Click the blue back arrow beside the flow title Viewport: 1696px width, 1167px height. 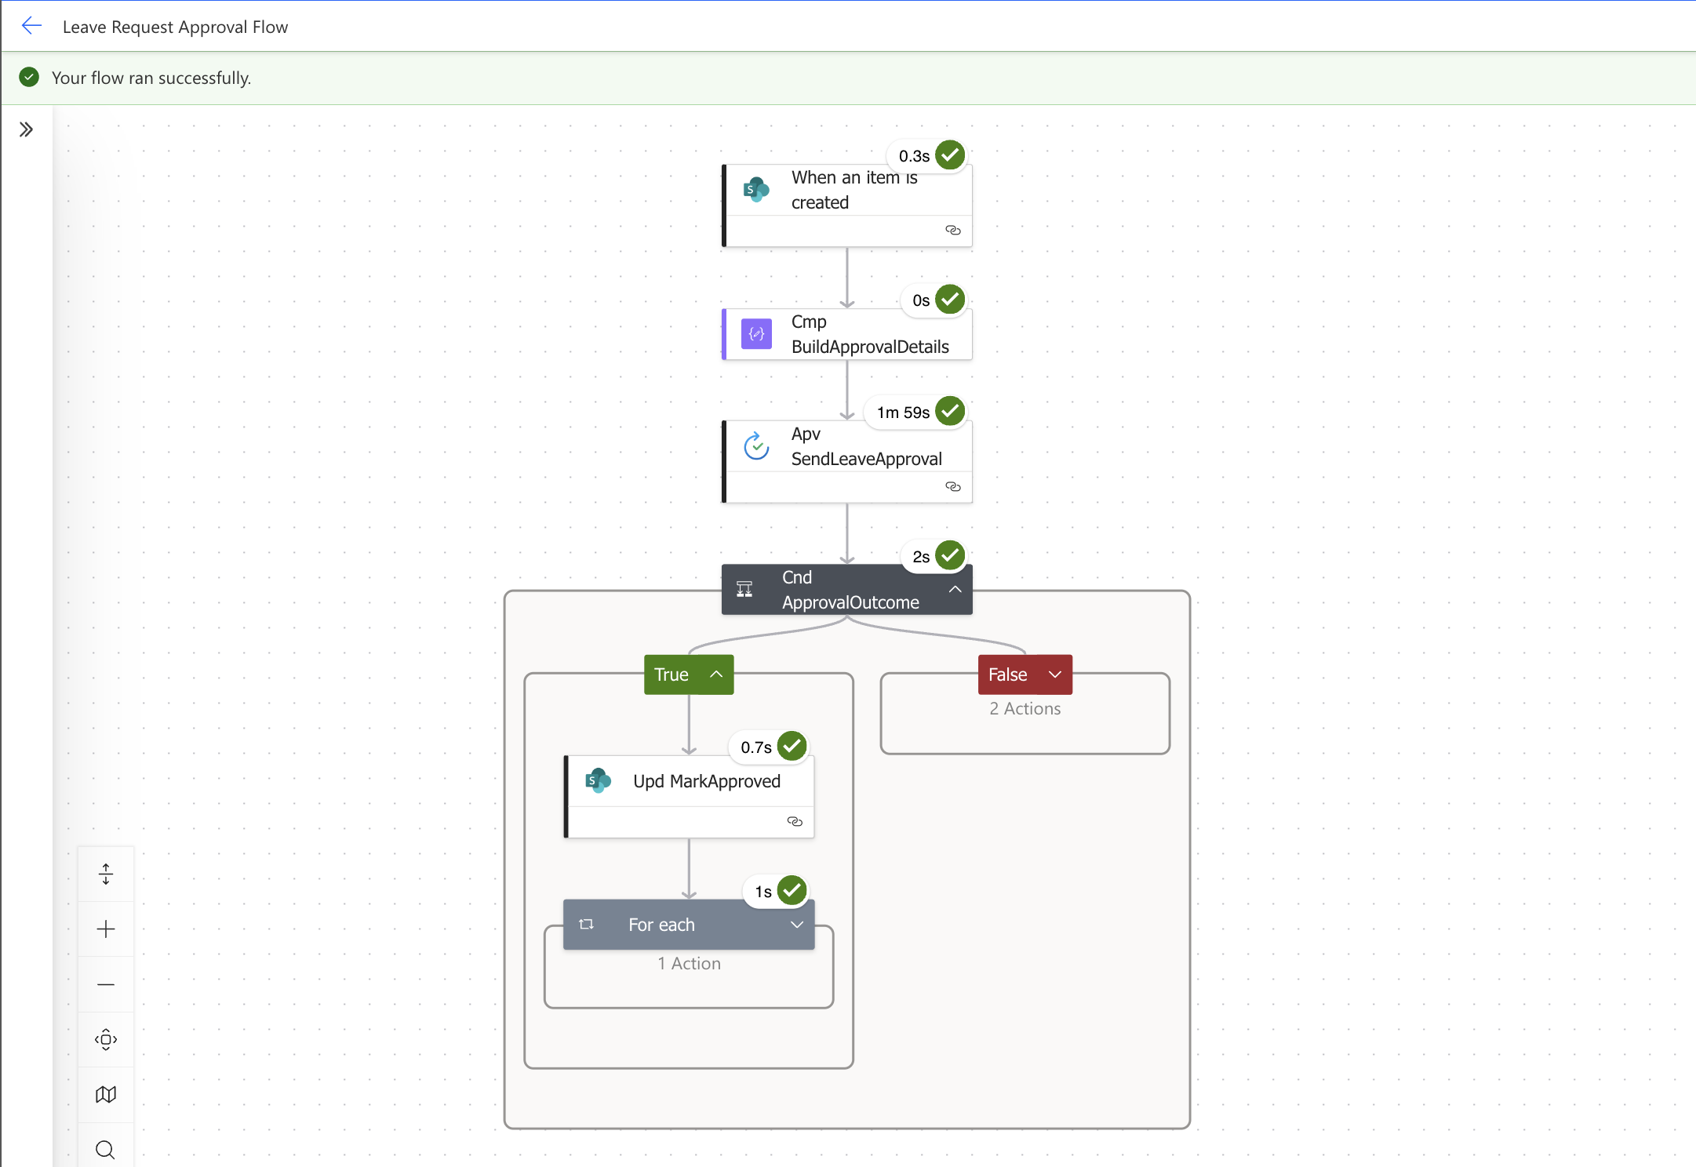click(x=31, y=26)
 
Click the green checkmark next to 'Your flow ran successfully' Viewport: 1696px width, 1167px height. click(x=29, y=77)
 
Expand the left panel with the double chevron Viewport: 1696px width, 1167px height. click(x=26, y=129)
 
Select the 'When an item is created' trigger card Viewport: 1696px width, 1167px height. click(x=847, y=191)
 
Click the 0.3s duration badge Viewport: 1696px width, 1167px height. click(x=914, y=156)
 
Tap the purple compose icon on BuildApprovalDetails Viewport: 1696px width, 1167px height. click(x=756, y=334)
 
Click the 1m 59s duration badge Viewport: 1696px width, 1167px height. click(x=903, y=413)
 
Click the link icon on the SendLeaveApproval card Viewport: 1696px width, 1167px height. click(x=952, y=486)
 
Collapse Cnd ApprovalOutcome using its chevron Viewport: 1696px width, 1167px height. click(x=955, y=589)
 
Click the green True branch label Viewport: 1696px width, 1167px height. click(x=672, y=674)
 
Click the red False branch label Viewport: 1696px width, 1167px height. click(x=1008, y=674)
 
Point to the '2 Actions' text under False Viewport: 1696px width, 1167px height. click(x=1025, y=708)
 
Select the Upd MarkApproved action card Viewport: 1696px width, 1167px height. click(x=706, y=782)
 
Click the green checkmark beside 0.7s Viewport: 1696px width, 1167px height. click(x=792, y=746)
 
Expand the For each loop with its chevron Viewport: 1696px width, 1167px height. click(x=796, y=925)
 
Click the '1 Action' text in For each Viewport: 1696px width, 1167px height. click(x=689, y=963)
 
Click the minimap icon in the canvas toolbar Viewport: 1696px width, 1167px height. click(x=106, y=1094)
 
